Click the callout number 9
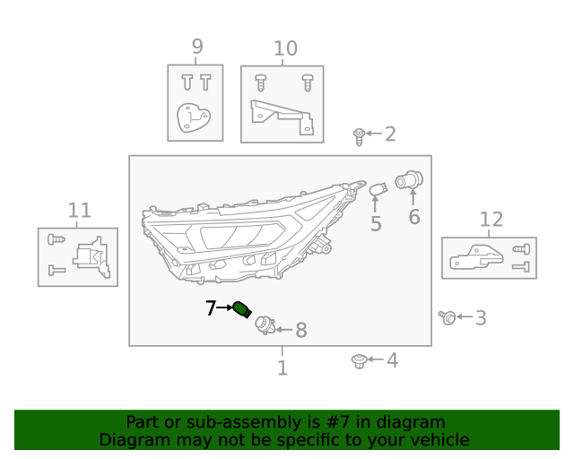click(196, 47)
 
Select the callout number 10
click(284, 48)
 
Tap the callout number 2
click(390, 134)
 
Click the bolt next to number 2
click(359, 135)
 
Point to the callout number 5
click(375, 224)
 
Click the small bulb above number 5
click(378, 189)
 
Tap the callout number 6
click(413, 217)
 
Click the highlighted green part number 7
click(241, 310)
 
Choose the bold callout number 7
click(211, 308)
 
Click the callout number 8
click(300, 331)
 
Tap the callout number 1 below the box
click(282, 368)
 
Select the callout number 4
click(391, 360)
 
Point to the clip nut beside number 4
click(358, 360)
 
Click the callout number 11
click(80, 211)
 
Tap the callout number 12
click(491, 220)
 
